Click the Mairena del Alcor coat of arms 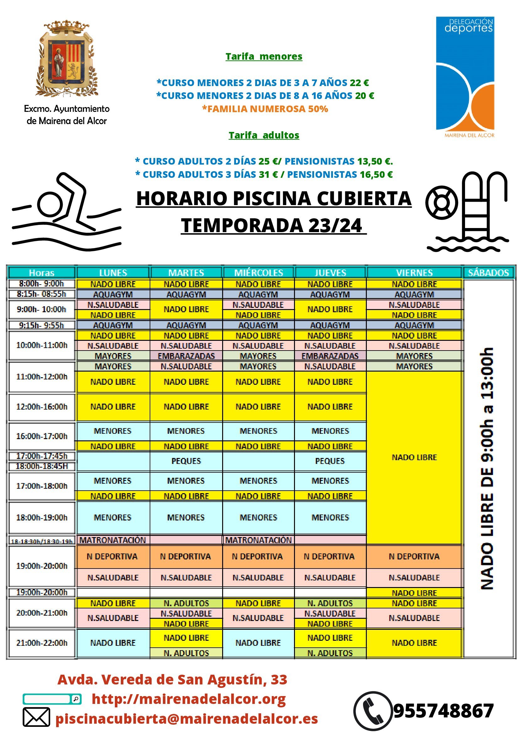coord(67,59)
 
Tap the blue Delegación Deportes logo coord(465,77)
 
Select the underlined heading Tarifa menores coord(264,56)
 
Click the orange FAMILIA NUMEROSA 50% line coord(265,109)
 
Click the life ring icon coord(441,203)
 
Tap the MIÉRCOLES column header coord(258,273)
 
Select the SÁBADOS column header coord(488,273)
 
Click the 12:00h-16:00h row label coord(42,406)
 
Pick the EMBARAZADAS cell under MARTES coord(186,356)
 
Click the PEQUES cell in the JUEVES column coord(330,461)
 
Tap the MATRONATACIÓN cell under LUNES coord(113,540)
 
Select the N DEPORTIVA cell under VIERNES coord(414,556)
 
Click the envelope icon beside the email coord(36,717)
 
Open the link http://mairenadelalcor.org coord(189,699)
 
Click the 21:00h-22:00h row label coord(42,643)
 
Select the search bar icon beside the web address coord(52,699)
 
